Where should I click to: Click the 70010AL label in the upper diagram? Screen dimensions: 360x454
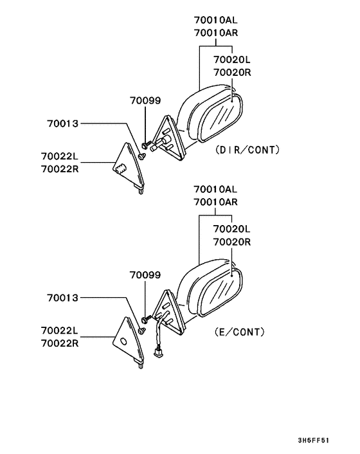tap(215, 20)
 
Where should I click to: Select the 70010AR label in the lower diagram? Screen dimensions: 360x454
tap(215, 202)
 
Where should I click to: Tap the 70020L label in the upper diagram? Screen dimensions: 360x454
tap(232, 60)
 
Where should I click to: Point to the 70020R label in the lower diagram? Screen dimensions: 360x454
tap(232, 242)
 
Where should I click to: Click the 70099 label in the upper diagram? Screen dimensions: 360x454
tap(145, 101)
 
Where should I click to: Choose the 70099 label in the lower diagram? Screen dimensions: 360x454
tap(145, 275)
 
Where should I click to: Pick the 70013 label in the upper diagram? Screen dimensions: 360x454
tap(63, 123)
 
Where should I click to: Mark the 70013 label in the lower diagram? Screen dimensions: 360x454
tap(63, 298)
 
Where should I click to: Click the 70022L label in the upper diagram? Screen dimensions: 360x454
tap(60, 156)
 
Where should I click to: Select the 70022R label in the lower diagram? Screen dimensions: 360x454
tap(60, 343)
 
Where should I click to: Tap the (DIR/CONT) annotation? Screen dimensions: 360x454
tap(248, 150)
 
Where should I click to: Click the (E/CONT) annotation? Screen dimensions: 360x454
tap(240, 332)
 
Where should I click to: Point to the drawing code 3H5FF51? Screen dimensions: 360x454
tap(314, 440)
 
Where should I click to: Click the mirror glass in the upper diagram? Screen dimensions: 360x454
tap(221, 119)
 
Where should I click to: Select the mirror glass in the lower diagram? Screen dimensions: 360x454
tap(221, 292)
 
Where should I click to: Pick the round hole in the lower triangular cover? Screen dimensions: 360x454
tap(123, 341)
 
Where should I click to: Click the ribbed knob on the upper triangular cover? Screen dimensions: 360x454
tap(120, 168)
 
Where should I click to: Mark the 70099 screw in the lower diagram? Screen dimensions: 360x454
tap(146, 319)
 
